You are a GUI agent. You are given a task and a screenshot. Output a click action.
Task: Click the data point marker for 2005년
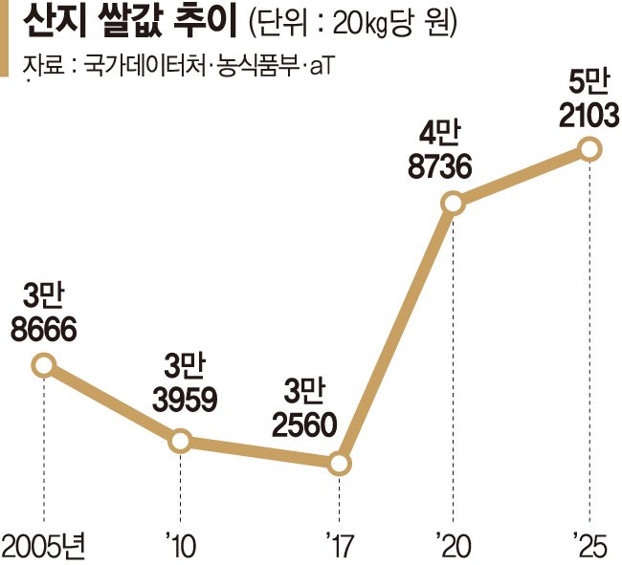pos(44,365)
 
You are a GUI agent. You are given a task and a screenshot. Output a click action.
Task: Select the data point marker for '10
pos(179,441)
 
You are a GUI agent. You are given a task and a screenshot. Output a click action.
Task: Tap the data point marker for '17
pos(340,465)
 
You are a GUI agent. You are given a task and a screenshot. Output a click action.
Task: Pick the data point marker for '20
pos(452,202)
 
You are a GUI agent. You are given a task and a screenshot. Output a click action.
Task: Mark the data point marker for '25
pos(590,148)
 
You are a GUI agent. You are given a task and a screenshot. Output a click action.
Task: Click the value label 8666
pos(44,329)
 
